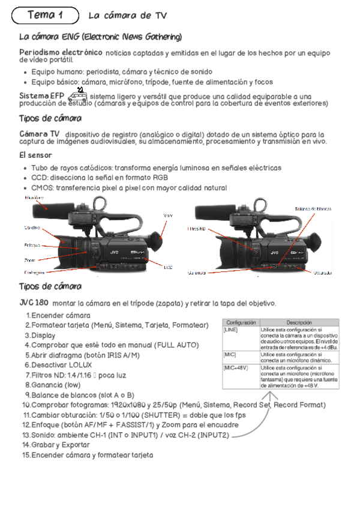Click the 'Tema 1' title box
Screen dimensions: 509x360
click(45, 14)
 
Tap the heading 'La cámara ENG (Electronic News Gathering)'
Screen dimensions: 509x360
click(101, 37)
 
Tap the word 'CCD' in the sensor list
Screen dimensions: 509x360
click(40, 178)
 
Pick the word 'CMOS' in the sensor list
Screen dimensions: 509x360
click(43, 188)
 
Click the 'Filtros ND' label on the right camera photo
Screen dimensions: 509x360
click(197, 229)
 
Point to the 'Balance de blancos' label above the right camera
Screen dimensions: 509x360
click(313, 208)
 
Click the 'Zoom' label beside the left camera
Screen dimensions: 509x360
click(29, 260)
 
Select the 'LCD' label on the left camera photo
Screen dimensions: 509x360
click(168, 268)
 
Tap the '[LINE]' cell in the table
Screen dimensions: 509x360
click(231, 330)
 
